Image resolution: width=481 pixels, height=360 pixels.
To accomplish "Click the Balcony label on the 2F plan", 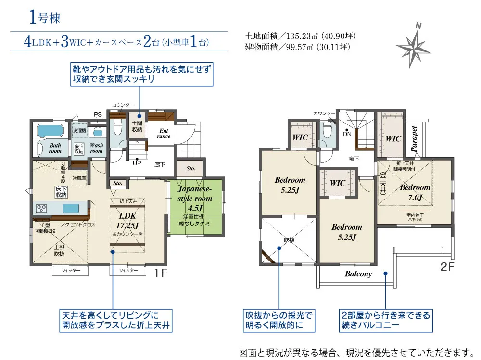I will click(x=358, y=274).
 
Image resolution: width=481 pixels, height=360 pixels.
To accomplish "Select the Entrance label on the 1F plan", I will click(x=164, y=133).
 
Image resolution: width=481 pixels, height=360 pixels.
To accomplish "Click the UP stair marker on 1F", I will click(x=137, y=163).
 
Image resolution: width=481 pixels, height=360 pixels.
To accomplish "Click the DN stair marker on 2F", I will click(x=347, y=135).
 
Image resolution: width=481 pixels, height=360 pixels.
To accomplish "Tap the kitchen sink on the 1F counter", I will click(x=71, y=208).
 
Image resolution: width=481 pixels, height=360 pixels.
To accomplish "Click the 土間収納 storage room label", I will click(x=137, y=126).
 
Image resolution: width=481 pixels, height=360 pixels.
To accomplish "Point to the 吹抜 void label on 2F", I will click(x=289, y=239).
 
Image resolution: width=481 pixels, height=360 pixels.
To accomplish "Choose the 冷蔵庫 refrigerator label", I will click(x=79, y=178).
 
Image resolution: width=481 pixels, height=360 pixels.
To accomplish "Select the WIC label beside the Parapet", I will click(x=393, y=138).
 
